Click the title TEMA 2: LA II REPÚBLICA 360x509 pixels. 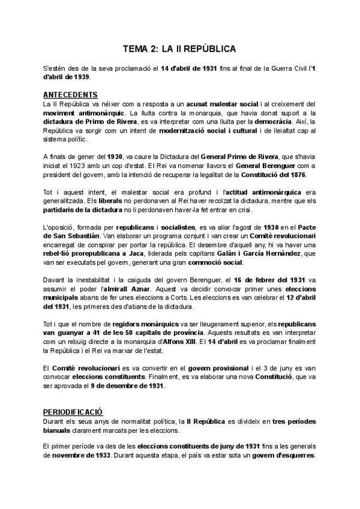click(179, 48)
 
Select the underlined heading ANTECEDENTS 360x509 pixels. click(71, 95)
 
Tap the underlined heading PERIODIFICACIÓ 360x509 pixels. click(73, 412)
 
